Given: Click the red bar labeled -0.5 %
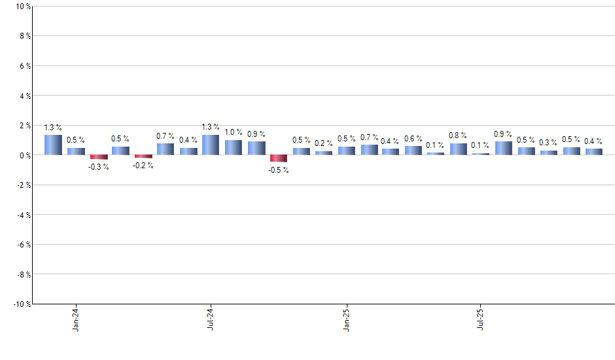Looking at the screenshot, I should pyautogui.click(x=279, y=158).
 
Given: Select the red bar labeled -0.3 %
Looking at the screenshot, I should pyautogui.click(x=99, y=157).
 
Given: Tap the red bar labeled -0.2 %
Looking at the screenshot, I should pyautogui.click(x=143, y=156).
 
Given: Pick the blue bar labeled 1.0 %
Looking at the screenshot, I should pyautogui.click(x=234, y=147).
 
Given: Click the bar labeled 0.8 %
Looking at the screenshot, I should pyautogui.click(x=459, y=149).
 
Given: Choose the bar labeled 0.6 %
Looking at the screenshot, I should pyautogui.click(x=413, y=151).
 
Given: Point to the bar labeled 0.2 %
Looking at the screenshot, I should pyautogui.click(x=324, y=153).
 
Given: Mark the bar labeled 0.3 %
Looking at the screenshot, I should pyautogui.click(x=549, y=153).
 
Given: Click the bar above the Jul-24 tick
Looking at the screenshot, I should pyautogui.click(x=211, y=145).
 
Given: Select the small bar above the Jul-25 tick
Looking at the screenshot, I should pyautogui.click(x=481, y=154).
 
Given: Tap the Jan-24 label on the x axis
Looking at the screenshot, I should pyautogui.click(x=77, y=319).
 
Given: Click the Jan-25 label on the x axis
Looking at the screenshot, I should pyautogui.click(x=347, y=319).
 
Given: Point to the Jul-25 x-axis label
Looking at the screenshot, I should pyautogui.click(x=482, y=319).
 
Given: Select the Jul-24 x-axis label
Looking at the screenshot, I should pyautogui.click(x=211, y=319).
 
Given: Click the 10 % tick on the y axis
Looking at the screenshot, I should pyautogui.click(x=22, y=7).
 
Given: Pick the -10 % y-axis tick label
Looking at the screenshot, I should pyautogui.click(x=21, y=304).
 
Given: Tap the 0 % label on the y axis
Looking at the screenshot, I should pyautogui.click(x=24, y=155).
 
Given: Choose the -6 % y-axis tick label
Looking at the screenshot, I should pyautogui.click(x=22, y=245).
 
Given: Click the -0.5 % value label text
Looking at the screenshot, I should pyautogui.click(x=279, y=170).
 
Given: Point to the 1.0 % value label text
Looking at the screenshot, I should pyautogui.click(x=234, y=132).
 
